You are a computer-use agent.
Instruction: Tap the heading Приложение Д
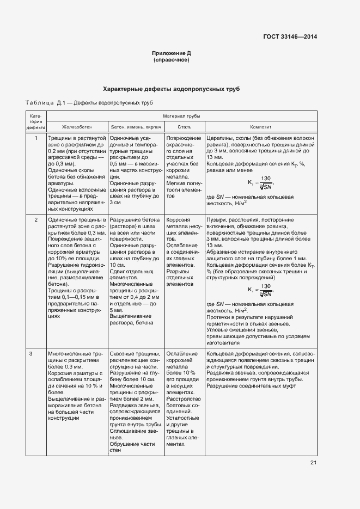(172, 53)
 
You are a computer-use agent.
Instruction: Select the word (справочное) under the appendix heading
(172, 60)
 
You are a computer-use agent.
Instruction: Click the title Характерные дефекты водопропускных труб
(172, 88)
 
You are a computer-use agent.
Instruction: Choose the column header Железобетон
(77, 126)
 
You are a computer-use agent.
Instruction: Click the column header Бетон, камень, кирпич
(135, 126)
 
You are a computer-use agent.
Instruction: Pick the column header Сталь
(184, 126)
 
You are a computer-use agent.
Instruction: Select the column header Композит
(260, 126)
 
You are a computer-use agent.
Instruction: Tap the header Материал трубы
(181, 116)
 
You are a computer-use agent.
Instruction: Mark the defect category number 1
(36, 138)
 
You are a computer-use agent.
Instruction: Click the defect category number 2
(36, 219)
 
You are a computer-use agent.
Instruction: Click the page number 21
(313, 463)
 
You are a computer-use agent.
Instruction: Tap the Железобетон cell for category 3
(77, 383)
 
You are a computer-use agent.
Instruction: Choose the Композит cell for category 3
(260, 370)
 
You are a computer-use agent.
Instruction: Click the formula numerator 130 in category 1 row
(266, 179)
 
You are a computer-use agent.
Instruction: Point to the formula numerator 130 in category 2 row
(266, 286)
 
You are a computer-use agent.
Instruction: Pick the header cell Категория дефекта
(36, 121)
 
